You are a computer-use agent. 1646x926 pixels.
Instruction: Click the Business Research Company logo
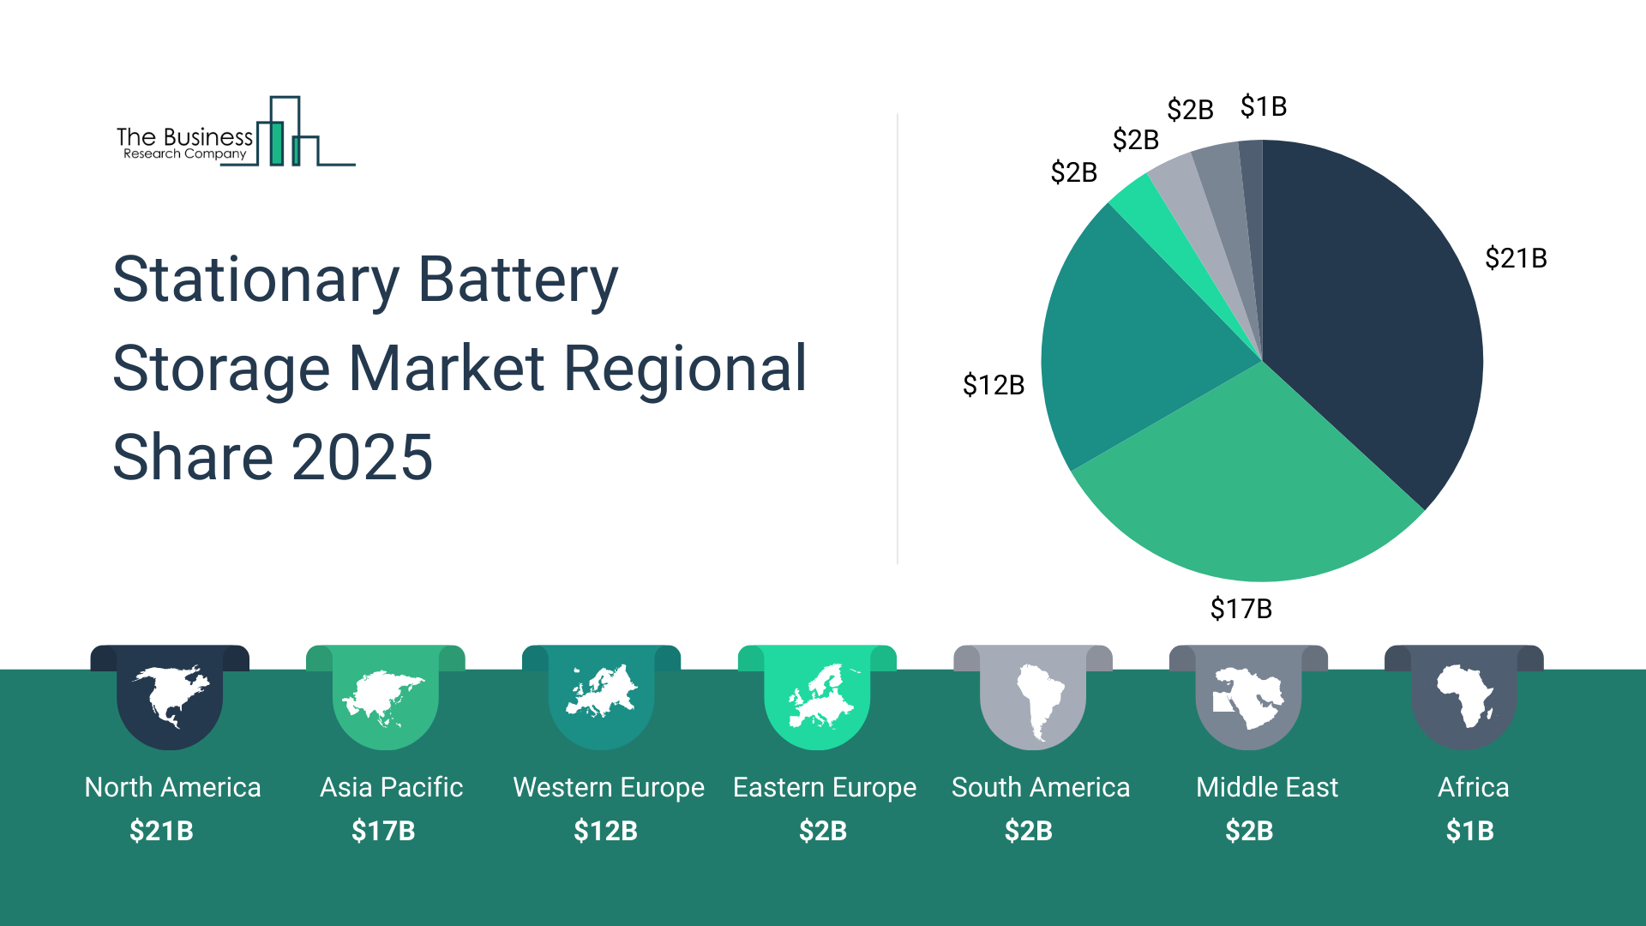(235, 133)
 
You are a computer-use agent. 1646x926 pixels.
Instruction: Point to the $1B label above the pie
(1263, 107)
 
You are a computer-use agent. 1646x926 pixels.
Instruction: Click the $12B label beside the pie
(994, 385)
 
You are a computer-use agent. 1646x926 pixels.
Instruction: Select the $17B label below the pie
(1241, 609)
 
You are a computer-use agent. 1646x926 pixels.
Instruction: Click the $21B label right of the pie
(1516, 258)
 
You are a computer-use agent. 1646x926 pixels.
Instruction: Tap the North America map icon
(170, 694)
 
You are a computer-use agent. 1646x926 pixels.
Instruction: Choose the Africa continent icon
(1464, 695)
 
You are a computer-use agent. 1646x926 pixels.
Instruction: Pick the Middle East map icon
(1248, 697)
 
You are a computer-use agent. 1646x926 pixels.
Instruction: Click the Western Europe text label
(609, 787)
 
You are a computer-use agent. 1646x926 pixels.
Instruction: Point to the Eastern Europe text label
(824, 787)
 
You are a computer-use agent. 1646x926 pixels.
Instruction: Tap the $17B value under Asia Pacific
(383, 831)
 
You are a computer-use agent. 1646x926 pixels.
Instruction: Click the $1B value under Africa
(1469, 831)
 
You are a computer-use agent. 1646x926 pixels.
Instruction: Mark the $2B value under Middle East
(1249, 831)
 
